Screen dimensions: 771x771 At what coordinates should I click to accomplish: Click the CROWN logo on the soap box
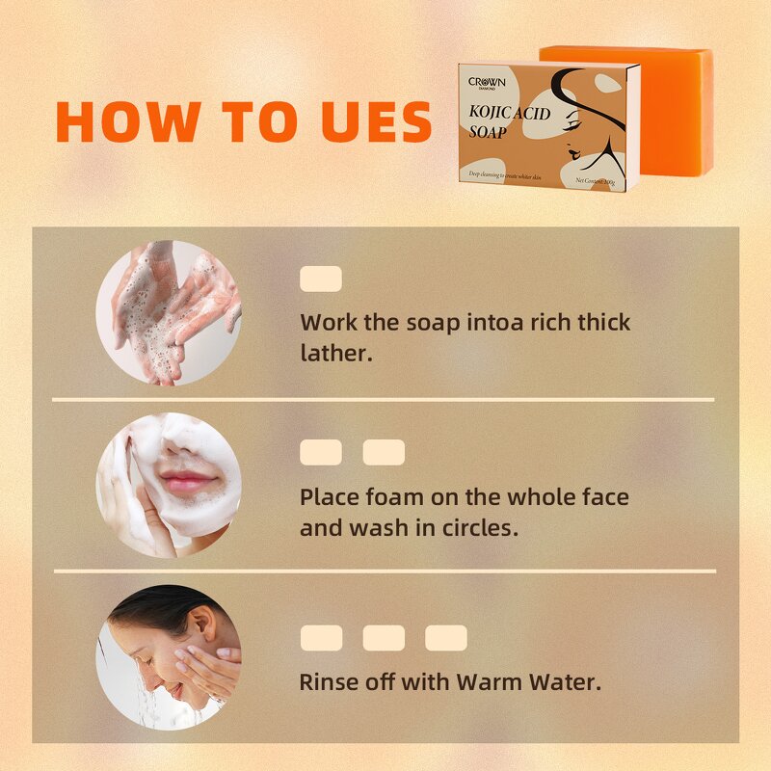[x=487, y=83]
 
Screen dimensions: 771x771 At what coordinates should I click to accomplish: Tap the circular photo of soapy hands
[x=168, y=313]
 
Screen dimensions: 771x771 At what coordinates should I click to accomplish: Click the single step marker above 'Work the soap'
[x=321, y=279]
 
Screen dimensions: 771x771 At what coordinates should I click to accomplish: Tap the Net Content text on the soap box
[x=598, y=180]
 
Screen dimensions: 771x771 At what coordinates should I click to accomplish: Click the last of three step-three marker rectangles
[x=446, y=638]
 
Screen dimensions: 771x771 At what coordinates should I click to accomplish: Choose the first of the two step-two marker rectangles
[x=321, y=453]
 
